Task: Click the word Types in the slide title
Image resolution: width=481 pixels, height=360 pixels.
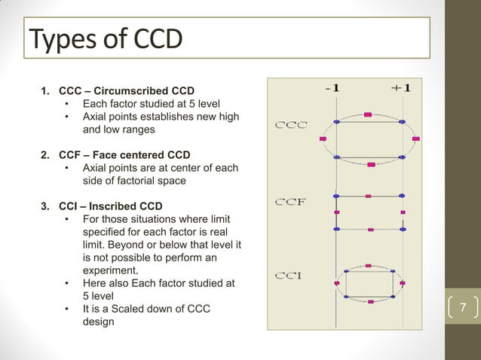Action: (63, 38)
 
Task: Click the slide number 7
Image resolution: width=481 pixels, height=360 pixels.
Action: (463, 308)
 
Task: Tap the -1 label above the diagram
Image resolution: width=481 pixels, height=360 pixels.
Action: (332, 87)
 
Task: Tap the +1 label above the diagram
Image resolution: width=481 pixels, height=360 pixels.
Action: (400, 87)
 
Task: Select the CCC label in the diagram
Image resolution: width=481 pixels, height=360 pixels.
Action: (290, 125)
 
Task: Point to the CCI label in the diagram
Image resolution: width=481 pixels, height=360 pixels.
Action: (288, 275)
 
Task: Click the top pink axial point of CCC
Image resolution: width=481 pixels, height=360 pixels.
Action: (368, 114)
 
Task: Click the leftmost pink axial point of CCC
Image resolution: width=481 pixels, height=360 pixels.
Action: (323, 139)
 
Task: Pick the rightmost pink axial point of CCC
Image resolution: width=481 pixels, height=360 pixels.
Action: (415, 139)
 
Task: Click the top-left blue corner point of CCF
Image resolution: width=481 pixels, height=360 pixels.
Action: (336, 196)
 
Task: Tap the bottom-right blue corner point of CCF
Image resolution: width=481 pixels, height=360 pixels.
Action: (403, 228)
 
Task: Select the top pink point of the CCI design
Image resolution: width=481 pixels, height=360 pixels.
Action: (368, 266)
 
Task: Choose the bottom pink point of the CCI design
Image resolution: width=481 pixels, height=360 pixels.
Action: (370, 302)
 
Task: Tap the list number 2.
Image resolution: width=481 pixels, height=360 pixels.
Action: (44, 155)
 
